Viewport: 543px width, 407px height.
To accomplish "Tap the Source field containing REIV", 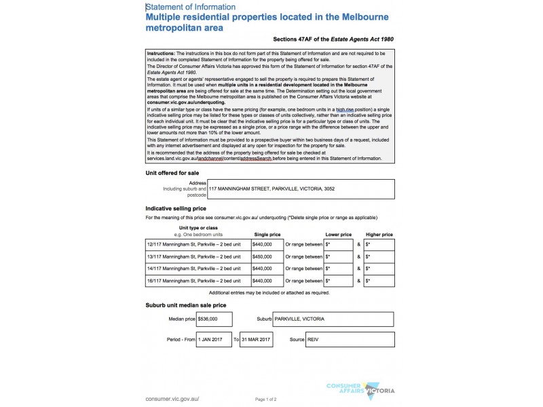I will [x=350, y=339].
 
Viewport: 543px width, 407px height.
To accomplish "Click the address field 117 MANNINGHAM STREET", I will [x=271, y=189].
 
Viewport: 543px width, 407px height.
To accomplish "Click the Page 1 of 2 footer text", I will [x=271, y=400].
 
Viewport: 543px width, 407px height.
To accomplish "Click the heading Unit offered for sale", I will [x=172, y=173].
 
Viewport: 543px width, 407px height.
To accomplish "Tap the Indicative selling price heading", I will [x=176, y=208].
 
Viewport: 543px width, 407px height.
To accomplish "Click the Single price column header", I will [x=267, y=234].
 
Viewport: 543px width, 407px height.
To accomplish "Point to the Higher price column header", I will [x=379, y=234].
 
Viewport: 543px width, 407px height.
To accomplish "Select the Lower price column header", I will [x=338, y=234].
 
